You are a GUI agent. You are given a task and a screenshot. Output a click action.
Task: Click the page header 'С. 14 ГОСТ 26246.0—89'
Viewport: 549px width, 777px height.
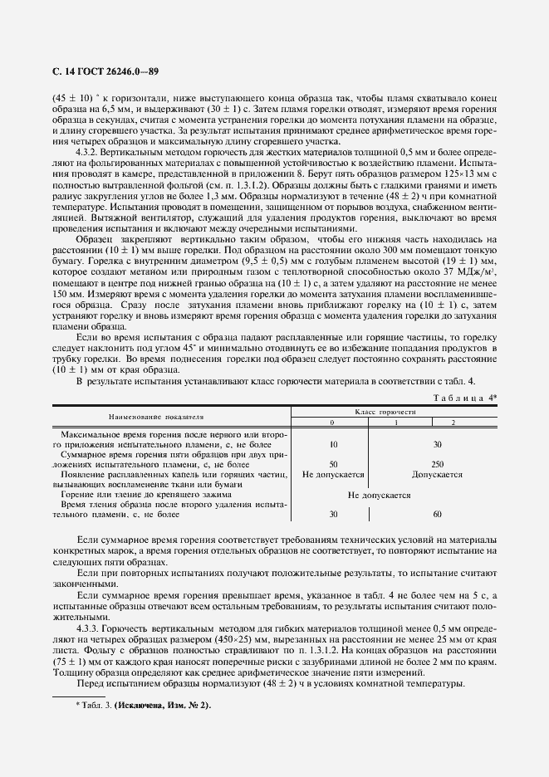105,71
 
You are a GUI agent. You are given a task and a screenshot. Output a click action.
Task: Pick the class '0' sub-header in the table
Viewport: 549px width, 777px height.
332,423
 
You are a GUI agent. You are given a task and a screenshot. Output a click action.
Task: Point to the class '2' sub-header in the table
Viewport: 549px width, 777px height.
453,423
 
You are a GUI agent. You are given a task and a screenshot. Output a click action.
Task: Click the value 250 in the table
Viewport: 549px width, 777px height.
437,463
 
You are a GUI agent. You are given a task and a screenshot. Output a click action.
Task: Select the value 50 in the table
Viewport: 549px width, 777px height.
332,463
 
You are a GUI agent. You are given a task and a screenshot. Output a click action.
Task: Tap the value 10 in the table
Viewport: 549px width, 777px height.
332,444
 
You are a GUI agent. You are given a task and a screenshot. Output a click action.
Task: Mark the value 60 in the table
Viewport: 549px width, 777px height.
437,514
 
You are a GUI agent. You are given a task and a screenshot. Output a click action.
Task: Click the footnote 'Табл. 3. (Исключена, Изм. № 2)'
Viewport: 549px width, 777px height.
143,682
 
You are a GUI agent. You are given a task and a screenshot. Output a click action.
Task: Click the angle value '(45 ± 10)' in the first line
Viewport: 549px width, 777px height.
72,96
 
